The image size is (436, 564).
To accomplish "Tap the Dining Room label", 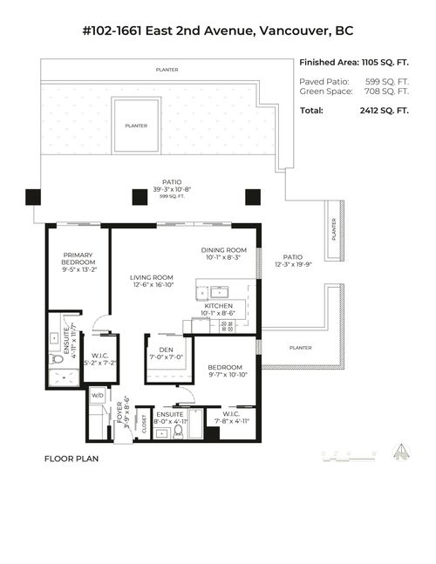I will pos(224,254).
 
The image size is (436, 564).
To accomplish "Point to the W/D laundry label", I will pos(97,395).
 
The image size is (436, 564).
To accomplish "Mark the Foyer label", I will pos(121,418).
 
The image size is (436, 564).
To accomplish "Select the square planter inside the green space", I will pos(136,125).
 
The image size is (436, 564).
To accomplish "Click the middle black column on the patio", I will pos(140,197).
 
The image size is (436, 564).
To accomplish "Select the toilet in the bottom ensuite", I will pos(178,431).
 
